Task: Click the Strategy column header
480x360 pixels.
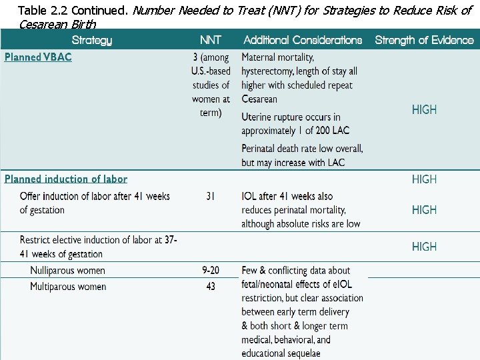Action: [91, 40]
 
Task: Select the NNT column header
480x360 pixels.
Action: [211, 40]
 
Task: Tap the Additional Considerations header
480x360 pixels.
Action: [303, 40]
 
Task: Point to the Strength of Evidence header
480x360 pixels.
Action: [424, 40]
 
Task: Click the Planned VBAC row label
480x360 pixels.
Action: [38, 57]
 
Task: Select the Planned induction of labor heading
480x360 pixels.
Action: [66, 179]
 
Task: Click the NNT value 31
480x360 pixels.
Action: [211, 196]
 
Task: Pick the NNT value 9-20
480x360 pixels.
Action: [211, 270]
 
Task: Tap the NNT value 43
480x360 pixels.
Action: [211, 287]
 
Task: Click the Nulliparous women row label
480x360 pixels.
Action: [67, 270]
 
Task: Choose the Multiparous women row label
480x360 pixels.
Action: [68, 287]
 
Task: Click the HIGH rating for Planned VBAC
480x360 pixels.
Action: [424, 110]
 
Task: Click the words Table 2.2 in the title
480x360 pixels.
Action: [43, 11]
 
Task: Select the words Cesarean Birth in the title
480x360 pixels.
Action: [57, 25]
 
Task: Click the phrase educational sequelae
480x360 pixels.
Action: [281, 353]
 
